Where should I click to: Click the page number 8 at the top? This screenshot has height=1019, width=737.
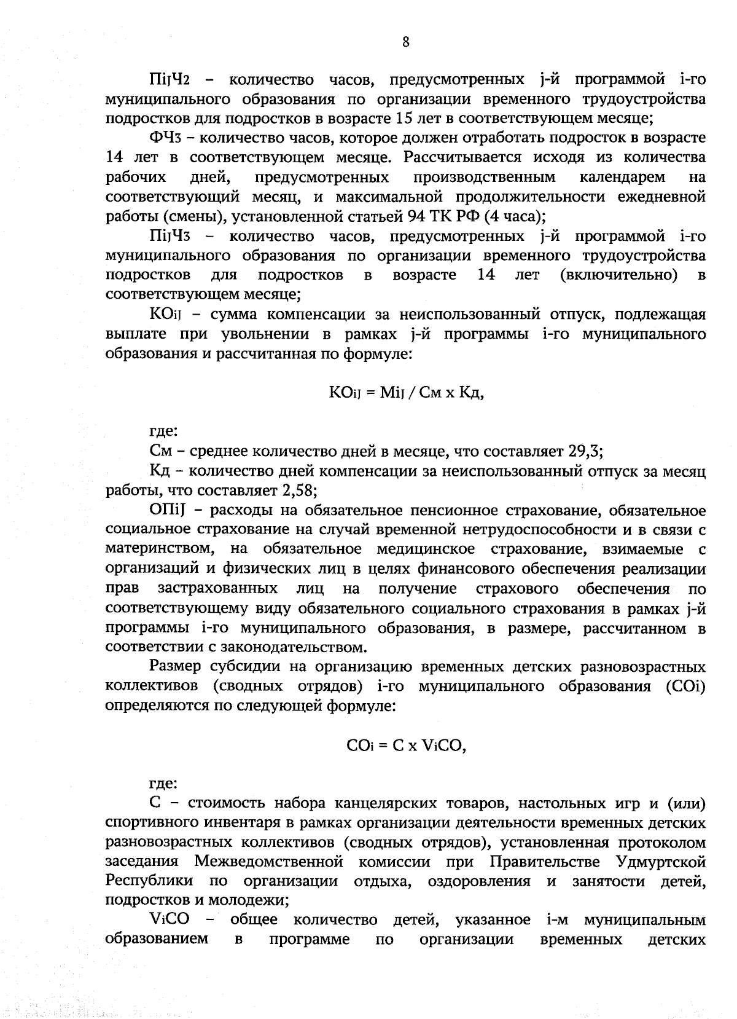coord(405,42)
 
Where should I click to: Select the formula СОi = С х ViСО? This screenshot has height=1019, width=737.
coord(406,746)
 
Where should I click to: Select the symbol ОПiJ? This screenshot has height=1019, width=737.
coord(165,511)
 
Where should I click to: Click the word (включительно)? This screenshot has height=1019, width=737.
coord(618,275)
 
